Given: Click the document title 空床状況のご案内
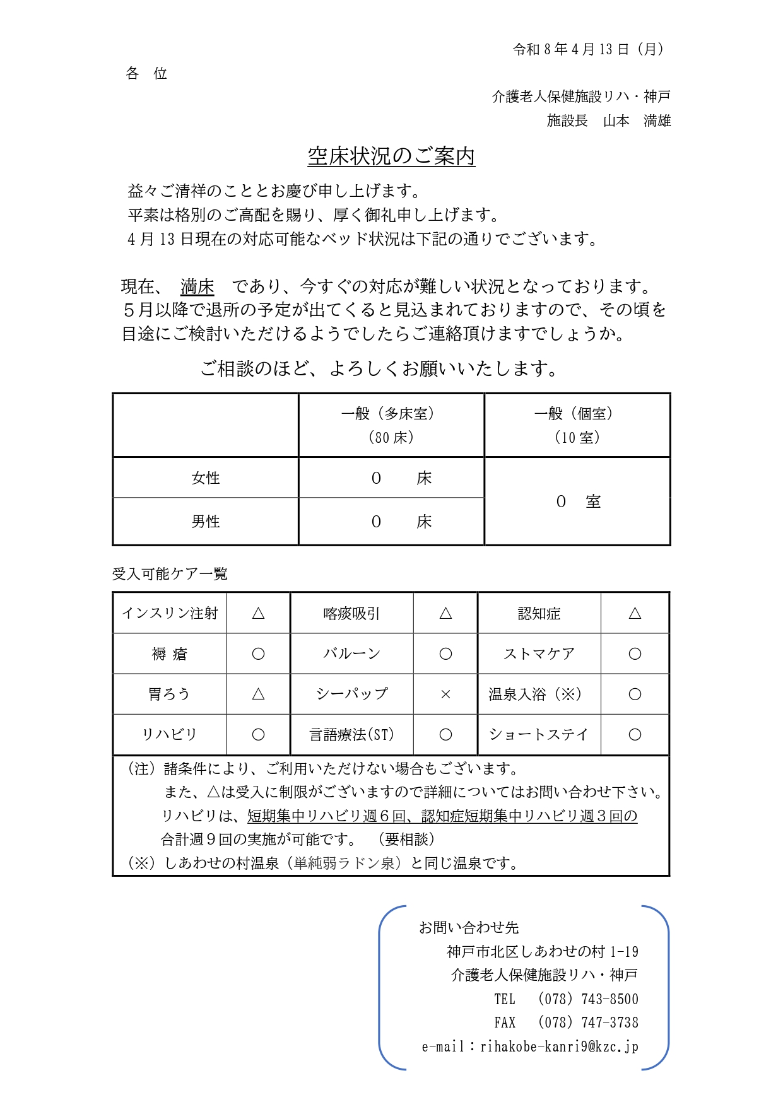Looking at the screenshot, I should click(391, 156).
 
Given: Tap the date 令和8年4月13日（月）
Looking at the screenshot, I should click(588, 49).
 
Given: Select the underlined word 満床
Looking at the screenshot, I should click(197, 287).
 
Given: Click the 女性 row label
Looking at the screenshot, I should click(206, 478).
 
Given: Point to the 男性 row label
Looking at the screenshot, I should click(206, 522).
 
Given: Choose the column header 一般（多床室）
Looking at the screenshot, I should click(391, 414).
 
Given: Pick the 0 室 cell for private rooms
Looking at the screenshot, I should click(577, 501).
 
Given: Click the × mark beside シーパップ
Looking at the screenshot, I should click(445, 694).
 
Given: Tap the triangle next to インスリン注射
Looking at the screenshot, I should click(258, 613).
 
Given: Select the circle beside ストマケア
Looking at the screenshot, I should click(635, 654).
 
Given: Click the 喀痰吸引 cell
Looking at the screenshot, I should click(351, 613).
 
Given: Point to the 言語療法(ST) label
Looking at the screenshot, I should click(351, 735).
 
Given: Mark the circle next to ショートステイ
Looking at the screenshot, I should click(635, 735).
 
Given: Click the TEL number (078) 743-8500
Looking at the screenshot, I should click(587, 999).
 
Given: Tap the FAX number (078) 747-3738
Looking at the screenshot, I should click(587, 1022).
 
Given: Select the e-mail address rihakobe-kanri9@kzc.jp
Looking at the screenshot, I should click(559, 1046).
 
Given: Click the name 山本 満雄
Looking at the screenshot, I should click(637, 120).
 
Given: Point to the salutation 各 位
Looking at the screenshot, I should click(146, 74).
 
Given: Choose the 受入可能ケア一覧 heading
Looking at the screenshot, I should click(170, 574).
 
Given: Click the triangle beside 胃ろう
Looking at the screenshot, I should click(258, 694).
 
